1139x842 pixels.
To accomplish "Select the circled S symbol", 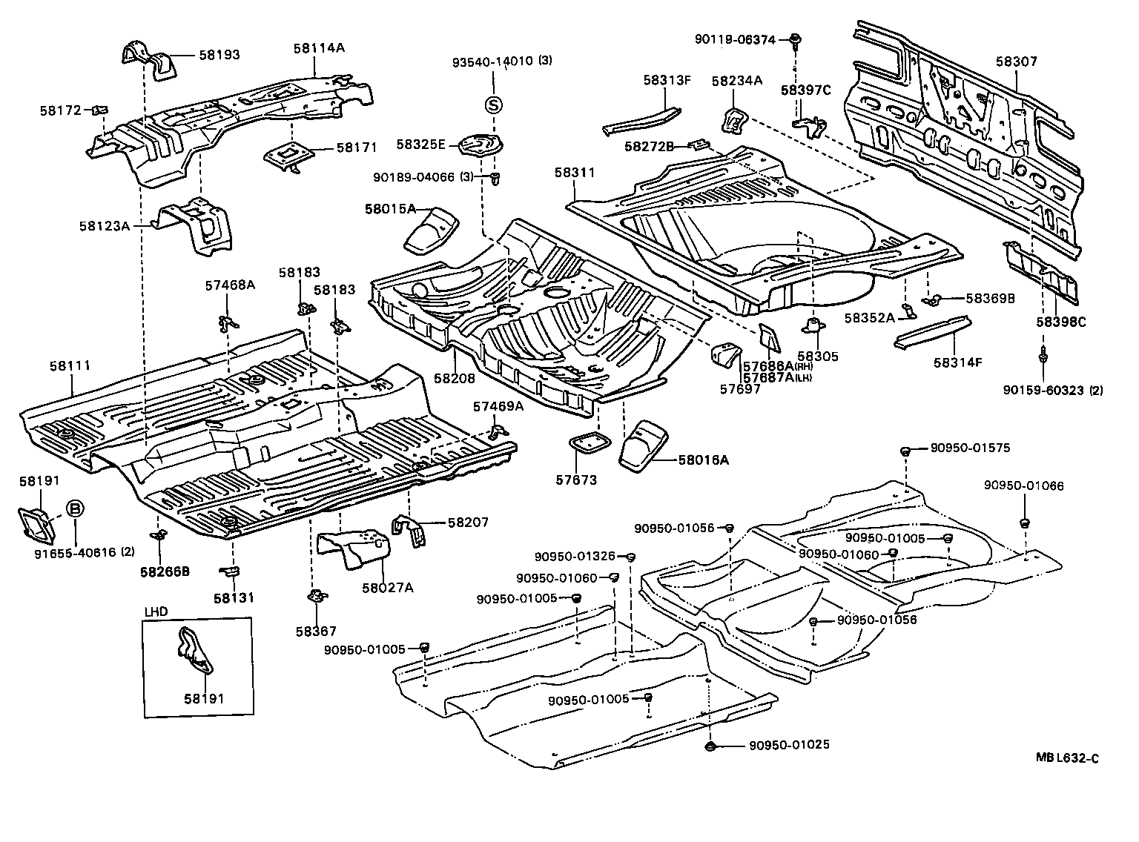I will point(493,105).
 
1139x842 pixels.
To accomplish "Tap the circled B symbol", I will point(76,508).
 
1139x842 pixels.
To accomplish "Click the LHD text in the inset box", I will point(156,611).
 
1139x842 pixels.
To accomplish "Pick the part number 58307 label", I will point(1016,62).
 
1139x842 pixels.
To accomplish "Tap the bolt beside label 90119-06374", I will point(794,39).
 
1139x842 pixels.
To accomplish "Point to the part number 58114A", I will point(319,47).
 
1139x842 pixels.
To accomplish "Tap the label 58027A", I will point(387,587).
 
